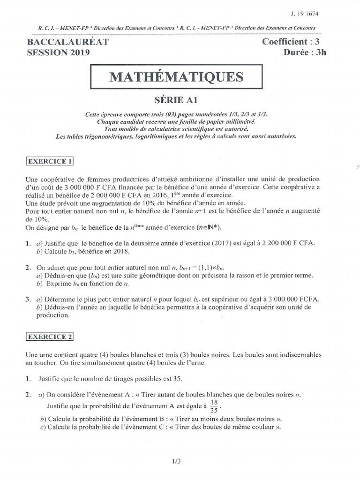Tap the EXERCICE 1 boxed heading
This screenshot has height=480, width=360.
49,161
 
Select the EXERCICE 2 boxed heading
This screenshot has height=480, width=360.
49,337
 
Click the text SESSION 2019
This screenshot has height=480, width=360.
58,52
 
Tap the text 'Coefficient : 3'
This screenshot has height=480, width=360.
294,42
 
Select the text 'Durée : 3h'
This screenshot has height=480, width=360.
304,52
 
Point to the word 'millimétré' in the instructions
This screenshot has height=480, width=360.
239,121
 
